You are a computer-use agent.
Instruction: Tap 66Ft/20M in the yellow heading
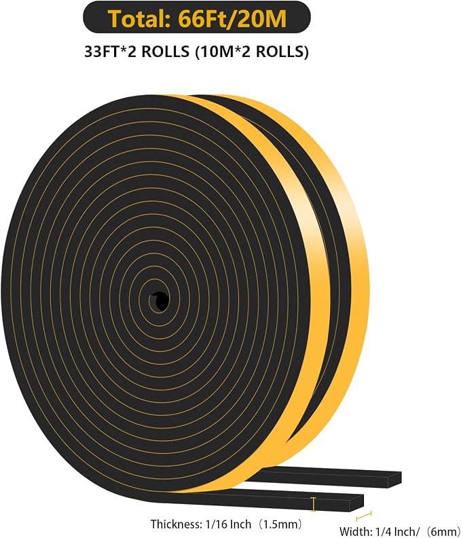pyautogui.click(x=232, y=19)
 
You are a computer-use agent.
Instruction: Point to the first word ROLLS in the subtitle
pyautogui.click(x=166, y=52)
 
